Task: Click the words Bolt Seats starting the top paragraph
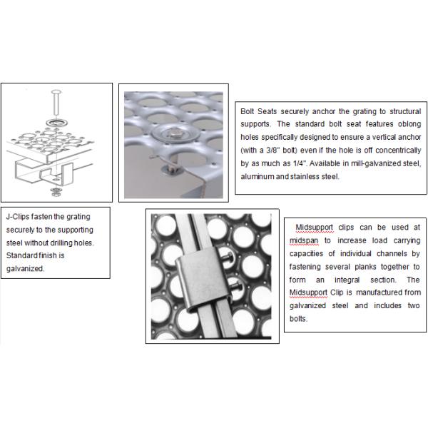click(260, 113)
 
